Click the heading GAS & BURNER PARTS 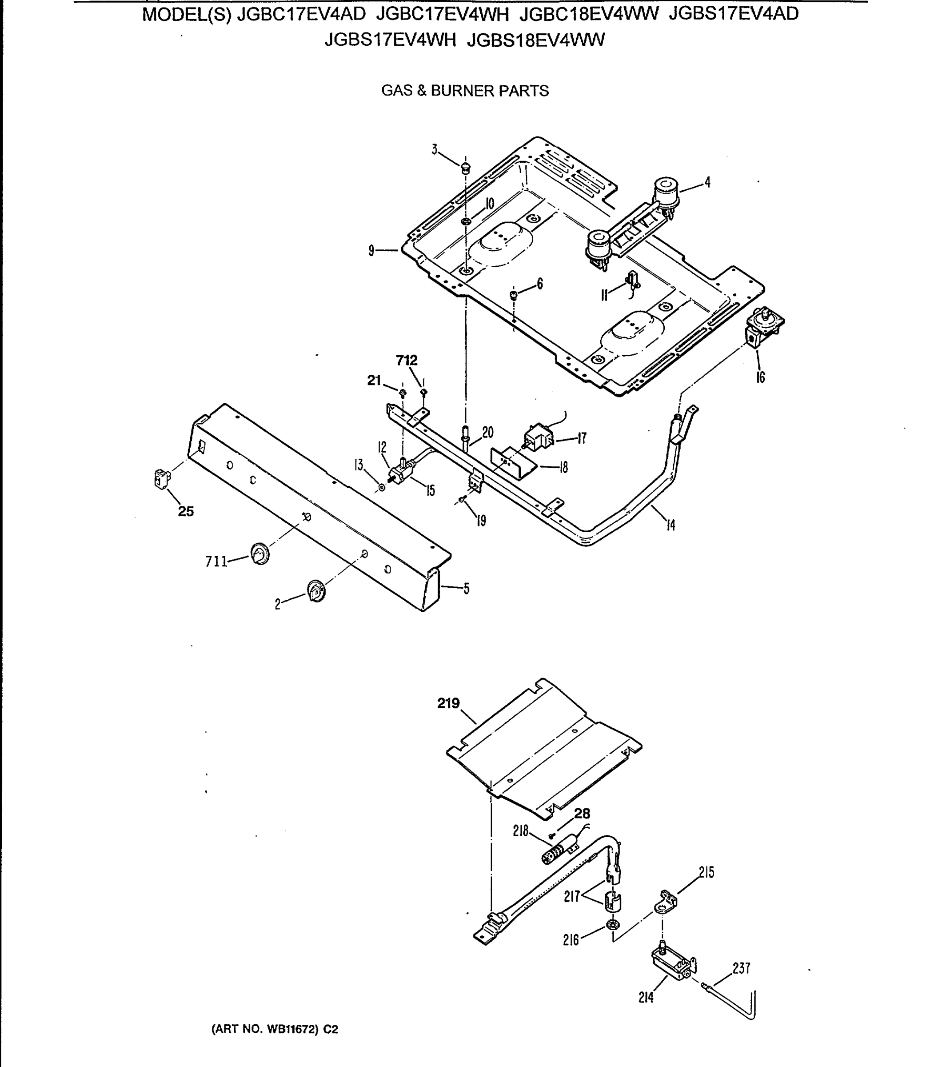pyautogui.click(x=464, y=91)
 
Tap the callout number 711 pyautogui.click(x=216, y=562)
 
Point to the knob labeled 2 pyautogui.click(x=316, y=590)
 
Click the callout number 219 pyautogui.click(x=448, y=704)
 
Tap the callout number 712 pyautogui.click(x=407, y=360)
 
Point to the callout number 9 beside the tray pyautogui.click(x=371, y=251)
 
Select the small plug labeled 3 pyautogui.click(x=466, y=168)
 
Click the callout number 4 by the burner pyautogui.click(x=707, y=182)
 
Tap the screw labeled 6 pyautogui.click(x=514, y=295)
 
